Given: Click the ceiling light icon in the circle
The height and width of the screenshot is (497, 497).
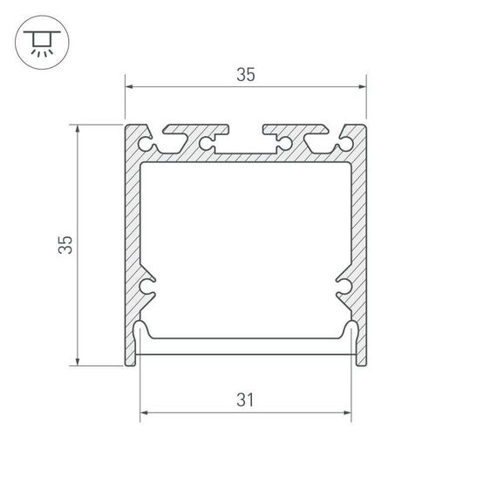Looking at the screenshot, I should tap(39, 41).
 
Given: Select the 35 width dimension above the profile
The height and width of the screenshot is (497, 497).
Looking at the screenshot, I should tap(245, 75).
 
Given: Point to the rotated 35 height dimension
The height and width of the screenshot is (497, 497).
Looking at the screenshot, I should tap(65, 245).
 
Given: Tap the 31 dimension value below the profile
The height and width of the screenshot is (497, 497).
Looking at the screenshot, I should tap(245, 400).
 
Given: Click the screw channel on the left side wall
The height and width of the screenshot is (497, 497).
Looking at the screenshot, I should tap(147, 285).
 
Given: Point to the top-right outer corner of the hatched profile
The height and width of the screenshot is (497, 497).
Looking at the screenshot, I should tap(365, 126).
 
